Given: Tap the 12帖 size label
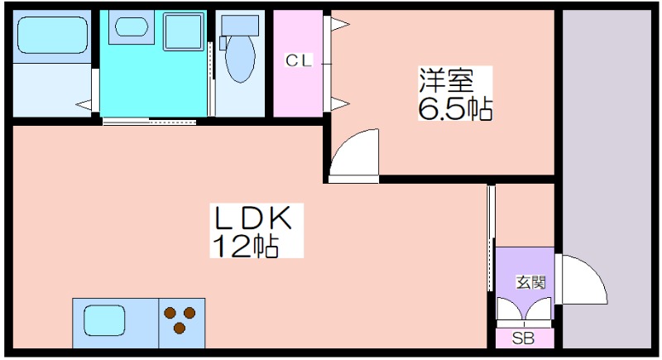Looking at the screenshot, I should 247,246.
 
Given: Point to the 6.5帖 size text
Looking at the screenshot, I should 454,108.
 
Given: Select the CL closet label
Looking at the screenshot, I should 299,60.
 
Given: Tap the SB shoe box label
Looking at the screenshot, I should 523,338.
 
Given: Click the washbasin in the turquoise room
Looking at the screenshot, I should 130,26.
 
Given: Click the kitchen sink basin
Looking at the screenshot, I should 102,320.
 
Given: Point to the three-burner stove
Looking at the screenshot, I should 181,319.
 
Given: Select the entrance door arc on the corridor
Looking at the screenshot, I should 584,281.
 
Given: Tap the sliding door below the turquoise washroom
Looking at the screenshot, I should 149,122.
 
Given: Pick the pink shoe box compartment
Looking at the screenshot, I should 525,338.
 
